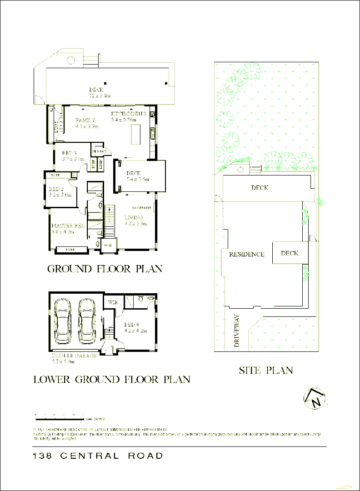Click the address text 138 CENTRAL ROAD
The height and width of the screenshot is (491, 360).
point(98,456)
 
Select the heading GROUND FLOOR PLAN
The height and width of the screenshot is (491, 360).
point(105,269)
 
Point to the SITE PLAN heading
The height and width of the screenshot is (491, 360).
point(266,371)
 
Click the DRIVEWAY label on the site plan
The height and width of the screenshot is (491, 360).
point(236,331)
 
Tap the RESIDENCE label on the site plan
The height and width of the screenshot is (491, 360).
point(246,254)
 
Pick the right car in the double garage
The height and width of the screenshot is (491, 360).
point(86,321)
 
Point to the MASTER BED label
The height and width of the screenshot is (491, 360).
point(68,226)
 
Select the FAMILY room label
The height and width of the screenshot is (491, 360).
point(85,120)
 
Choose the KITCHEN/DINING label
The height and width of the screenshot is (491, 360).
point(129,114)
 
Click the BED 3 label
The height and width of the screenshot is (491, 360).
point(70,153)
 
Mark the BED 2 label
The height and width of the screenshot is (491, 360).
point(56,189)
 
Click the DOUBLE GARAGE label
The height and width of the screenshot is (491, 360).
point(74,356)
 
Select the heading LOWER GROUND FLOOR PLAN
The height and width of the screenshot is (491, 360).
point(112,379)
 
